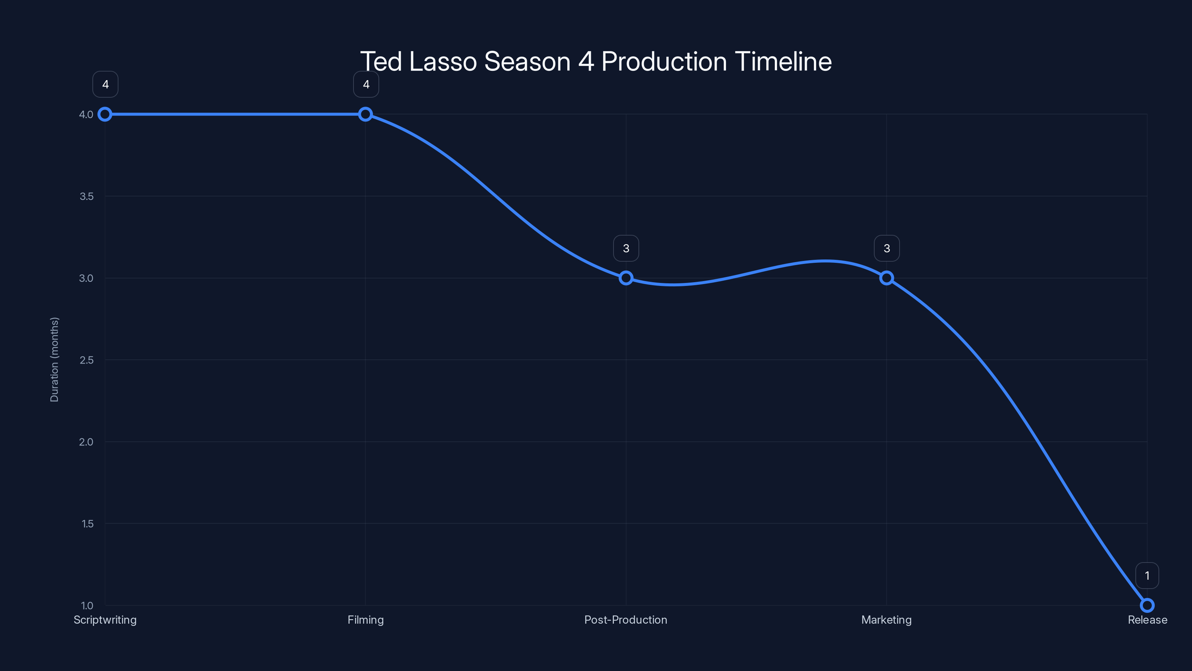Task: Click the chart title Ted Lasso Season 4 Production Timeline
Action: [596, 61]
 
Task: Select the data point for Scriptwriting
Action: [105, 114]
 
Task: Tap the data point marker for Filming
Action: [365, 114]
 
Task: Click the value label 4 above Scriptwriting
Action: [105, 84]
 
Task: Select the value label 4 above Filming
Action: [366, 84]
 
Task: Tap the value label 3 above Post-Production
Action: [626, 248]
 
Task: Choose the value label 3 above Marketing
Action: [887, 248]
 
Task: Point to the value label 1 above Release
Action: [1147, 576]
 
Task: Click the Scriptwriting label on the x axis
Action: [105, 620]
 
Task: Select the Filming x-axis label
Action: [365, 620]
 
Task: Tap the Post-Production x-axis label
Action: [626, 620]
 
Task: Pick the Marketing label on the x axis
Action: [886, 620]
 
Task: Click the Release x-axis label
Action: [1147, 620]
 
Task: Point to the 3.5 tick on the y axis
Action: [86, 196]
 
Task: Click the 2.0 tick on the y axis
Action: [86, 442]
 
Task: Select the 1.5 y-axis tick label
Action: [87, 524]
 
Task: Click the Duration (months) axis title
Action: [55, 359]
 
